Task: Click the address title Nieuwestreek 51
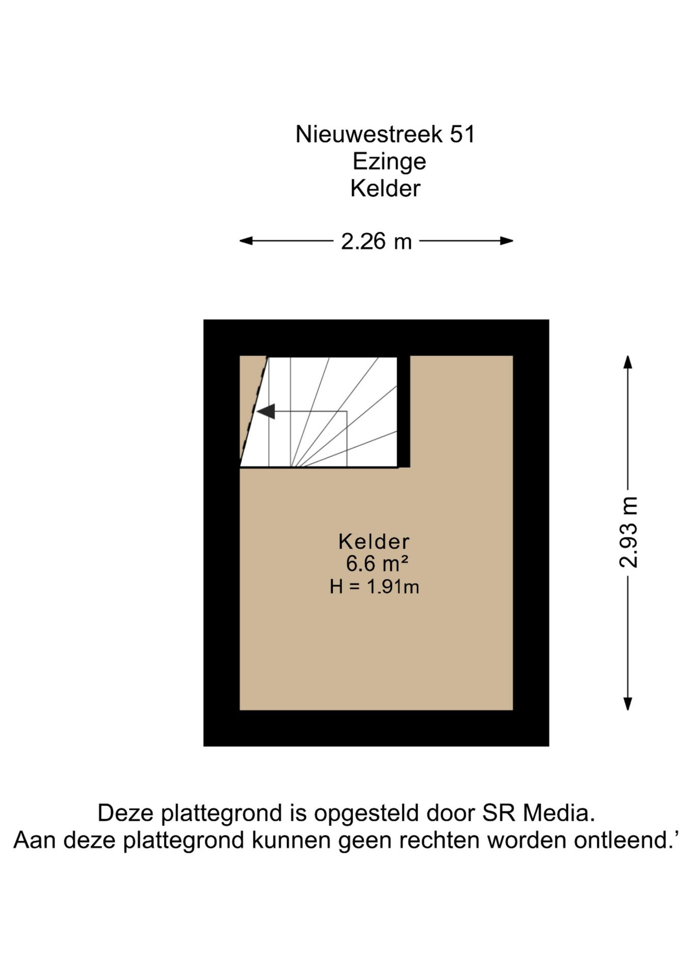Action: pos(385,134)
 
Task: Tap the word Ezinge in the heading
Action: pos(389,162)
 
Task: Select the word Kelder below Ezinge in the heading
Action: pos(385,188)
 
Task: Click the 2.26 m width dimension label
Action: pos(376,241)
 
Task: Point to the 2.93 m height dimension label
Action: pos(629,532)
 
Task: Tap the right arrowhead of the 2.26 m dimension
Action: pos(506,241)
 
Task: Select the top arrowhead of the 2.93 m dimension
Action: pos(628,362)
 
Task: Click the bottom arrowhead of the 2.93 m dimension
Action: pos(628,703)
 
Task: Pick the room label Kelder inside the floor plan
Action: pos(374,541)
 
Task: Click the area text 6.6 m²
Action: pos(377,563)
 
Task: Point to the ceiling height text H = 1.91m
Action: pos(374,587)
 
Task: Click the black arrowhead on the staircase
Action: pos(266,411)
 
